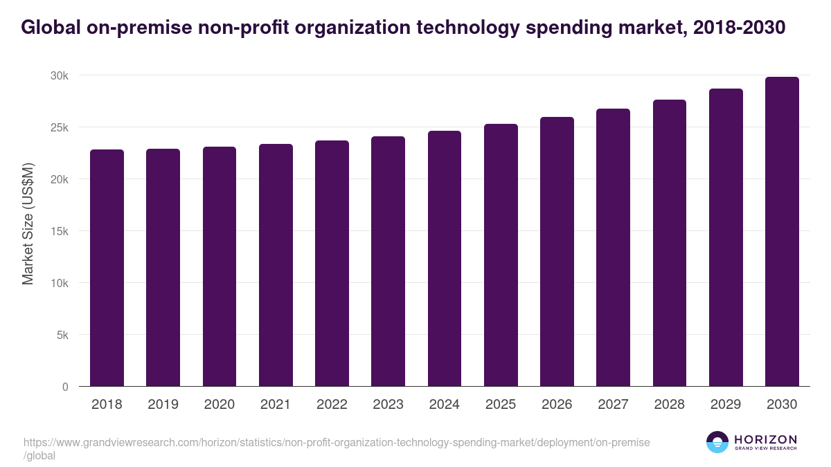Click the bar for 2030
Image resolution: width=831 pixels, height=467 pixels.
pos(782,232)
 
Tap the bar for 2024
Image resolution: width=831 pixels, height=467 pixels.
pos(445,259)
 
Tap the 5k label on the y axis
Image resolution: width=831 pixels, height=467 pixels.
pos(62,335)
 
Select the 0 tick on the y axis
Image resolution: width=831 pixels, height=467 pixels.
pos(65,387)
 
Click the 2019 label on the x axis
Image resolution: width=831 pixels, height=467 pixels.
pos(163,405)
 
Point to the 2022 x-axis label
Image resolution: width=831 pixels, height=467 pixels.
pos(332,405)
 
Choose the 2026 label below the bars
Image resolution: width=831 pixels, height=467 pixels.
pos(557,405)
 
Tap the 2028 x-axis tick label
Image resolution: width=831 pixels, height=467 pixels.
pos(670,405)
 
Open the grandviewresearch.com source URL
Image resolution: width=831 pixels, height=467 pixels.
pos(336,443)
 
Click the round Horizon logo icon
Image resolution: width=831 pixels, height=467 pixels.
pos(717,442)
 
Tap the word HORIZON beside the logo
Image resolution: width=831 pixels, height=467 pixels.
pos(765,439)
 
